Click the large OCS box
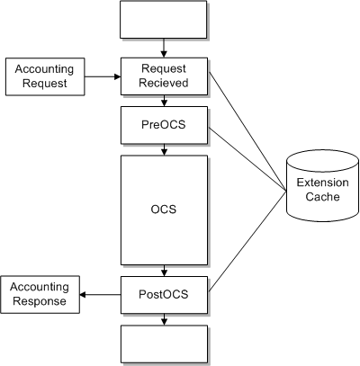(164, 210)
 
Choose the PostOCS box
(164, 293)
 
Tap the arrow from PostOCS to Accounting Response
(100, 294)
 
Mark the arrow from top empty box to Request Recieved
(164, 49)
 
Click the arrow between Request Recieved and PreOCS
(164, 102)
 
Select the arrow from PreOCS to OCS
(164, 149)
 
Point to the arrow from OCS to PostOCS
(164, 270)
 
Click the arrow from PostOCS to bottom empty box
(164, 318)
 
